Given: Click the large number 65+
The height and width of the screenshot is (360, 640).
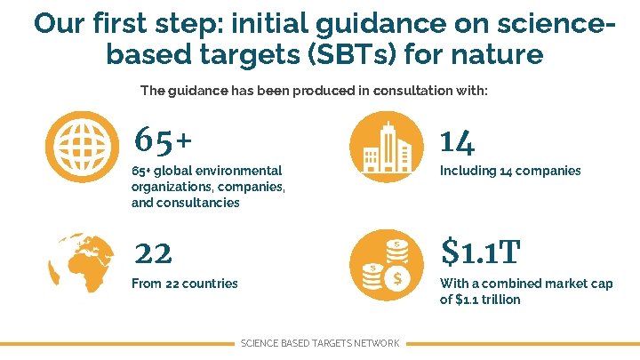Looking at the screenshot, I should point(163,140).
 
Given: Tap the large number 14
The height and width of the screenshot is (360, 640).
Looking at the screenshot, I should point(457,140).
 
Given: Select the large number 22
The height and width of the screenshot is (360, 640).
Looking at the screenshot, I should point(153,254).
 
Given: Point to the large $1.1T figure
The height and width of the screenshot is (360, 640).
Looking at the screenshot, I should point(480,253).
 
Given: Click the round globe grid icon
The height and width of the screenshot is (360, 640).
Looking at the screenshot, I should point(86,145).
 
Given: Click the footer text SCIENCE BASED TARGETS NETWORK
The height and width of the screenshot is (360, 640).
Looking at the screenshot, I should point(320,343).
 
